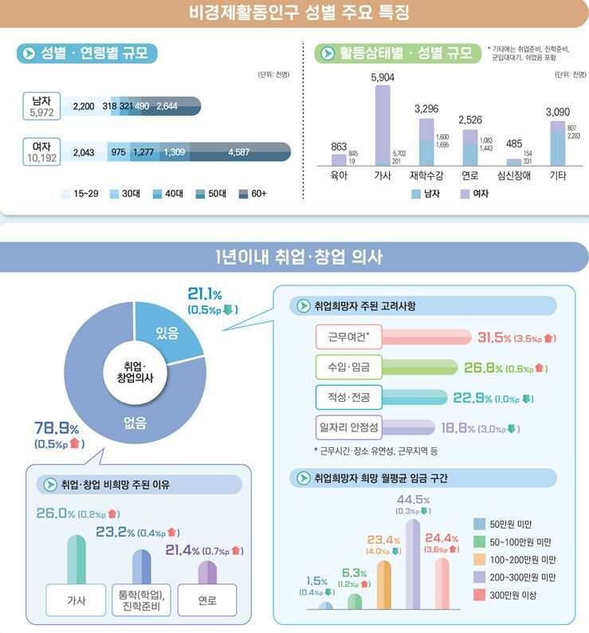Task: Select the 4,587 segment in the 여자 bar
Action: click(x=239, y=152)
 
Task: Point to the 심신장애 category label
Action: click(x=514, y=175)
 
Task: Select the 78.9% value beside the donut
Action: click(x=54, y=429)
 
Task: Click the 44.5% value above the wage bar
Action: click(x=413, y=500)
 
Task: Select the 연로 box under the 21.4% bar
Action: click(x=207, y=600)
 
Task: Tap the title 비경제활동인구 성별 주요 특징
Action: click(x=294, y=14)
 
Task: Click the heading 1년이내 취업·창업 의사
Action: click(x=294, y=257)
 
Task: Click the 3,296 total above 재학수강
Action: click(x=426, y=108)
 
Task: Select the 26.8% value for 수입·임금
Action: click(x=484, y=368)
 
